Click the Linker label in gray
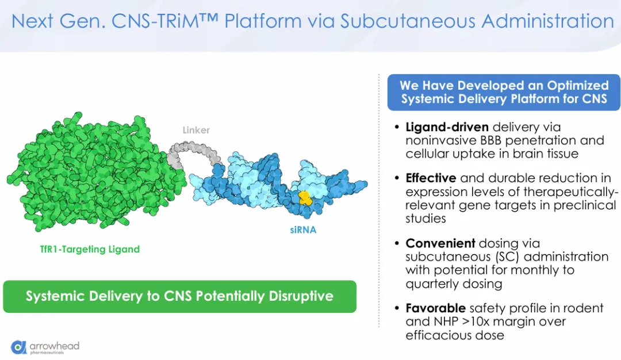tap(196, 130)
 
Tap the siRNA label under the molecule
tap(303, 230)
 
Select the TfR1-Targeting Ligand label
tap(90, 249)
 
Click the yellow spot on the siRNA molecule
tap(305, 198)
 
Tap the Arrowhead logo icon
tap(18, 347)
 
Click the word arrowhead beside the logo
tap(55, 346)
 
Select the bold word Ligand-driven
tap(447, 127)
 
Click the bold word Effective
tap(431, 178)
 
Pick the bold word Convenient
tap(440, 243)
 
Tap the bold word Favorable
tap(436, 308)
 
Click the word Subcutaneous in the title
tap(408, 21)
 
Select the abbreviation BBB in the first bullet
tap(490, 140)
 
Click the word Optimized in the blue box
tap(578, 86)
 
